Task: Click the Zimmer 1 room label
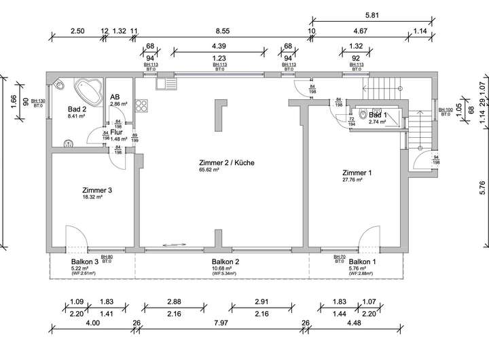357,173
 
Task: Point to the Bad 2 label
77,109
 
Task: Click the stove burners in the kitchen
142,105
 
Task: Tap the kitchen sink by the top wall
165,84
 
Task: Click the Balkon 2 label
225,262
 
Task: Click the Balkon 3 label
86,262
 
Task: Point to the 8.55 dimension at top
221,31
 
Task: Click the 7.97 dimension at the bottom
220,323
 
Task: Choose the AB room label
115,97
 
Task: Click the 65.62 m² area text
209,170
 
